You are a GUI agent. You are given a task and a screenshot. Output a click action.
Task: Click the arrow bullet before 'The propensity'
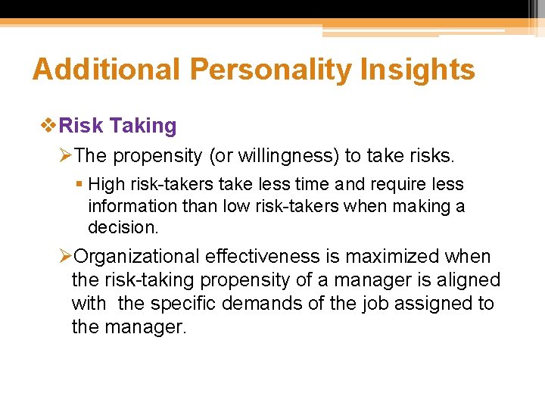[x=66, y=156]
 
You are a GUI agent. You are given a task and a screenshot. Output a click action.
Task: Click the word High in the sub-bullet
[x=105, y=184]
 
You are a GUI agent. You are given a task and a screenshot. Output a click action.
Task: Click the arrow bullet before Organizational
[x=66, y=257]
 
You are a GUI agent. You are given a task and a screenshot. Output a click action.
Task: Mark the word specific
[x=182, y=304]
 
